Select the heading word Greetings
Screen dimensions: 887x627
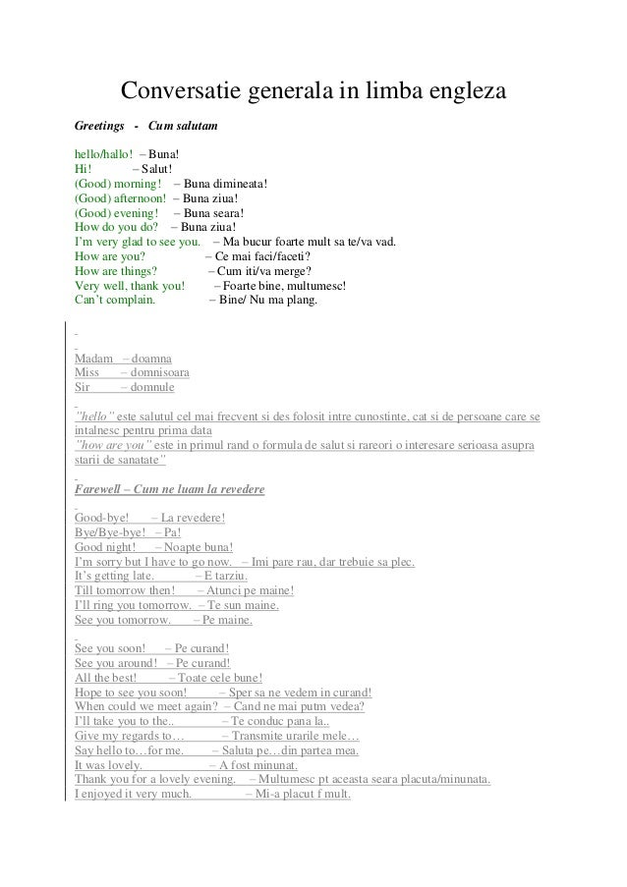click(100, 127)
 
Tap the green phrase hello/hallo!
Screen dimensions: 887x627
click(103, 154)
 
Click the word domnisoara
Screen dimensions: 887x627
click(155, 373)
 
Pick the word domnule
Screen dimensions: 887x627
click(146, 388)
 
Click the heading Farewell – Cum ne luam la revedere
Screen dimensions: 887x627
click(169, 489)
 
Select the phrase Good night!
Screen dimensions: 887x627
click(105, 547)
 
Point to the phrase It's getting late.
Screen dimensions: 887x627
click(114, 576)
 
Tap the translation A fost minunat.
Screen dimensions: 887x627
click(258, 765)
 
